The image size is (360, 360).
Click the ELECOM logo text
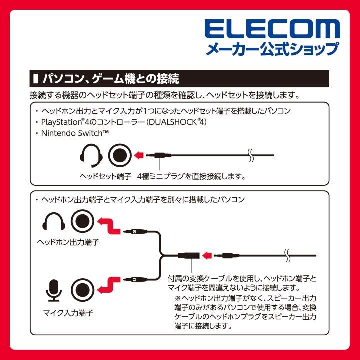(272, 29)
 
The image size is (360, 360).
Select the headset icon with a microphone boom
(91, 156)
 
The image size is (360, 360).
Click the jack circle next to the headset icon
(119, 156)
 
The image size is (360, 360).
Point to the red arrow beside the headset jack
(143, 156)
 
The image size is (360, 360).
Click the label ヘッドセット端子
(105, 176)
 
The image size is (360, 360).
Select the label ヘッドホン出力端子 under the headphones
(68, 242)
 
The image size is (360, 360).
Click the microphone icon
(53, 289)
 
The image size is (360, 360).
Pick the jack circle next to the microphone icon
(82, 289)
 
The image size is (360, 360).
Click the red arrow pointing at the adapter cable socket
(207, 256)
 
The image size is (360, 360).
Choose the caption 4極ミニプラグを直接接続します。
(192, 176)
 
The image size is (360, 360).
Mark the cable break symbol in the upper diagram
(251, 156)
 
